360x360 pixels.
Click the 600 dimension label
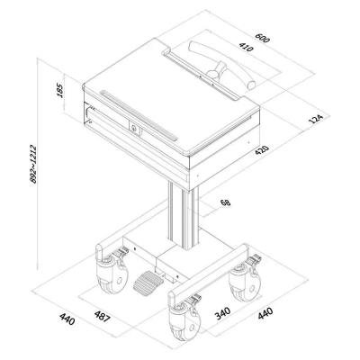[263, 38]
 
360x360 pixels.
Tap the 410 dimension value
[246, 47]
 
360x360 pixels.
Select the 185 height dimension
[59, 91]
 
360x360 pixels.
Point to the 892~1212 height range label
[33, 164]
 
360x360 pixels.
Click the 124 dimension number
[316, 119]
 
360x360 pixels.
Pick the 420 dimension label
[262, 149]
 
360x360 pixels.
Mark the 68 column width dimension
[225, 202]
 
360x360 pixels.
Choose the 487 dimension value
[103, 317]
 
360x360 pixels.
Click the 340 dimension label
[222, 313]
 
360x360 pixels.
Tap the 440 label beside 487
[67, 319]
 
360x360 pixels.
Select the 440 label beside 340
[265, 313]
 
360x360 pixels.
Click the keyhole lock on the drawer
[134, 128]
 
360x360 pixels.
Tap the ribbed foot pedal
[148, 283]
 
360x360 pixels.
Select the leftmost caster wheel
[112, 274]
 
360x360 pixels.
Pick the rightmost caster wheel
[244, 281]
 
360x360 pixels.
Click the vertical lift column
[184, 217]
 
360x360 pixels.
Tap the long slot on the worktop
[139, 115]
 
